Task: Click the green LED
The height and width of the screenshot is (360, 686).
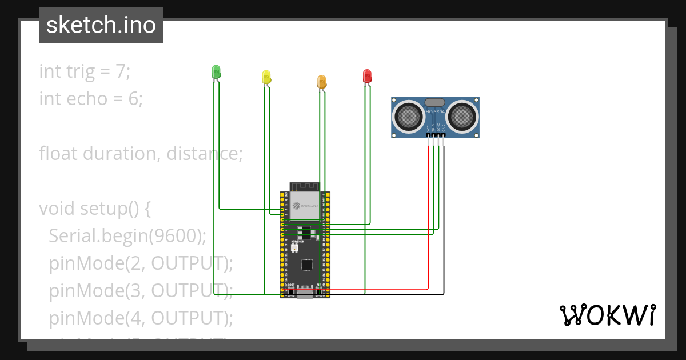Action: click(x=216, y=72)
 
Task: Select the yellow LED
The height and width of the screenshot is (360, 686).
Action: click(x=266, y=77)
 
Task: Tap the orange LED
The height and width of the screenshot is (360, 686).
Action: click(x=322, y=82)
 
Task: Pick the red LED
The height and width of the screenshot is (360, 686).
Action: click(x=367, y=76)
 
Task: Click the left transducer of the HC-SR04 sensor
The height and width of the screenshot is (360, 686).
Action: click(x=409, y=117)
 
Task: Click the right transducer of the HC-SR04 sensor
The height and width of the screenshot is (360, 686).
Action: click(x=461, y=117)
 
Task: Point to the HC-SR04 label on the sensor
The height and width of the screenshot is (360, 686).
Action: click(x=435, y=111)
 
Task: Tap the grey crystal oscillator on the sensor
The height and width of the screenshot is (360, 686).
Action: click(x=435, y=102)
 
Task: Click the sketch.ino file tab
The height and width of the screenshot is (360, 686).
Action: click(x=101, y=25)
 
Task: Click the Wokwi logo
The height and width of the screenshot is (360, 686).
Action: click(x=607, y=315)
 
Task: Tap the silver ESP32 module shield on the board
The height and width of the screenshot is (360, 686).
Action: click(x=305, y=207)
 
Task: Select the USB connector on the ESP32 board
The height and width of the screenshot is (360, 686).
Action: click(x=305, y=294)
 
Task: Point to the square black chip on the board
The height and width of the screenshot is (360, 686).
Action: click(x=307, y=265)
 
